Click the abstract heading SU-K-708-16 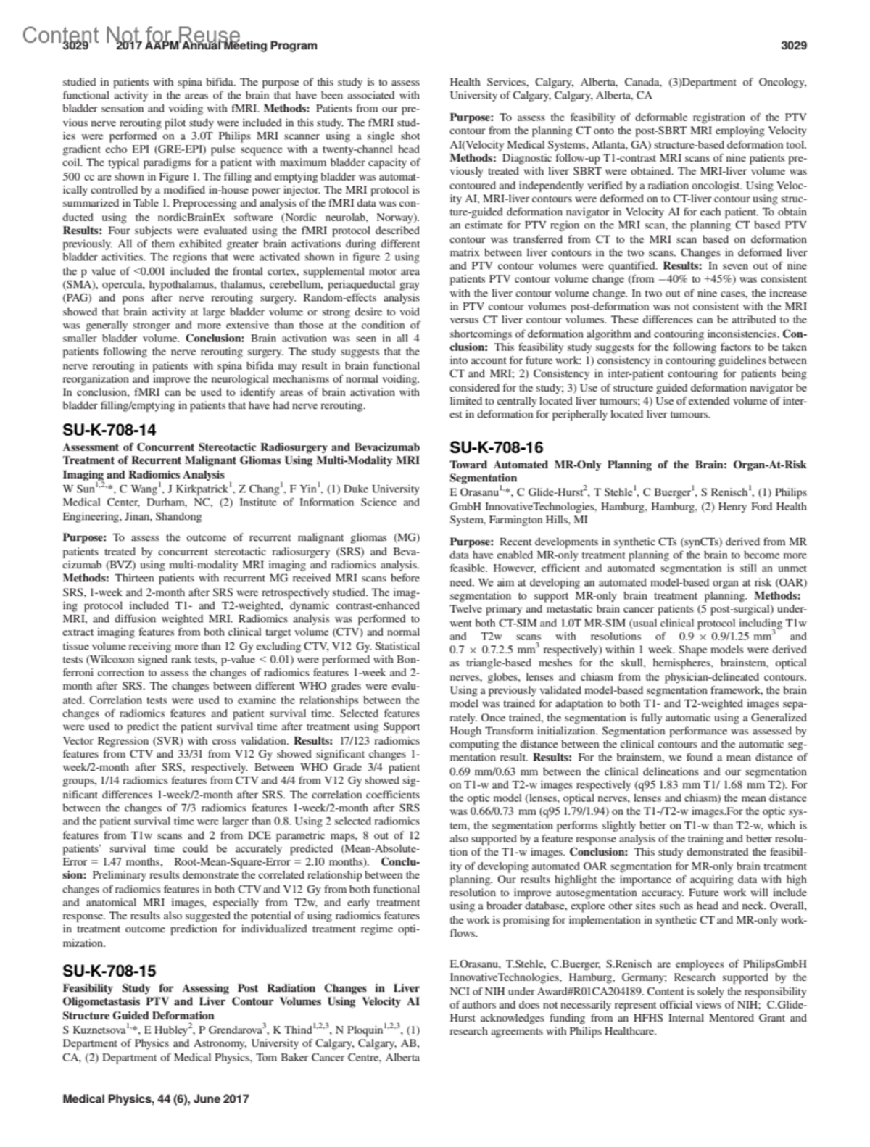[x=496, y=447]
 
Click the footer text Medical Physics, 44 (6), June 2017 [x=156, y=1098]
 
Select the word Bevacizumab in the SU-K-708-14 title [x=381, y=447]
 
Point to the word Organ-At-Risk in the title [x=771, y=465]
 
